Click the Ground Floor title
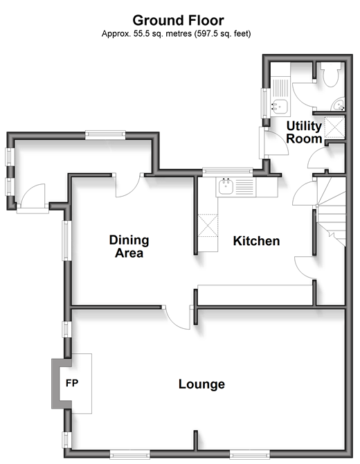tap(178, 20)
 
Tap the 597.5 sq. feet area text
tap(222, 34)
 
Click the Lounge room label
tap(201, 384)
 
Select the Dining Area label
tap(129, 247)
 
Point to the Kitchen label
tap(256, 241)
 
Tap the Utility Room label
tap(304, 132)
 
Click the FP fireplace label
tap(72, 383)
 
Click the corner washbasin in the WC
tap(339, 104)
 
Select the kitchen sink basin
tap(226, 187)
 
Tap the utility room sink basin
tap(279, 107)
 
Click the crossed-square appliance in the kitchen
tap(208, 226)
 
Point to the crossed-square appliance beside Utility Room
tap(335, 127)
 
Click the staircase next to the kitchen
tap(332, 212)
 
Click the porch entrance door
tap(33, 197)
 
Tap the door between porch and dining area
tap(128, 186)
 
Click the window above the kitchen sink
tap(228, 172)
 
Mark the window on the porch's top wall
tap(105, 135)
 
